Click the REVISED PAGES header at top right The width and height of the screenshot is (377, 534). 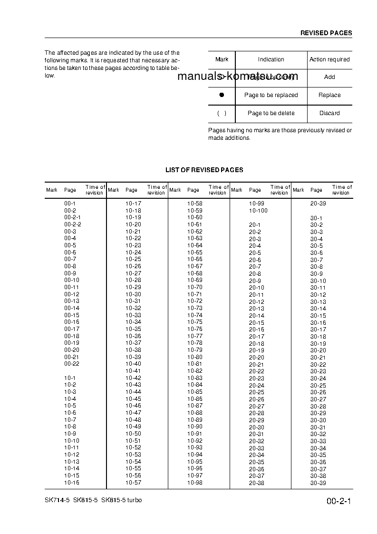pos(326,33)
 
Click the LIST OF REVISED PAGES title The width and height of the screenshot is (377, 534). pos(204,170)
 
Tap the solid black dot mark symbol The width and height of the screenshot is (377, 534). pos(222,95)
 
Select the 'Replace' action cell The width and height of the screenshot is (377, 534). pos(329,95)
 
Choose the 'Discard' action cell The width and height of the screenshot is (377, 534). pos(329,113)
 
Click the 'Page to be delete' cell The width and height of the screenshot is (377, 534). pos(271,113)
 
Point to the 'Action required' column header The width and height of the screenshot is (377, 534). pos(329,59)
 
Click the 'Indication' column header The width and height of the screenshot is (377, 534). pos(271,59)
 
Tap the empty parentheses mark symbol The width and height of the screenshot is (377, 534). pos(222,113)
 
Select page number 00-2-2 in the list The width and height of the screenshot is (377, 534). pos(73,224)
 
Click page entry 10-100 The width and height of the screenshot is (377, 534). pos(258,211)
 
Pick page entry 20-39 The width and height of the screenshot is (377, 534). pos(318,204)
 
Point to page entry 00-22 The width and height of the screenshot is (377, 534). pos(72,364)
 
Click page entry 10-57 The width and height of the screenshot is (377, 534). pos(133,482)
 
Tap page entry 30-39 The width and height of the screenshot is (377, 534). pos(318,483)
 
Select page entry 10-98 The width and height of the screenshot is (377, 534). pos(194,482)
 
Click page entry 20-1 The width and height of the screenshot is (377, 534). pos(255,224)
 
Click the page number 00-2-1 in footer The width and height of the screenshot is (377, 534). pos(338,502)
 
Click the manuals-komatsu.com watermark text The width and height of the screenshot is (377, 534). pos(238,77)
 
